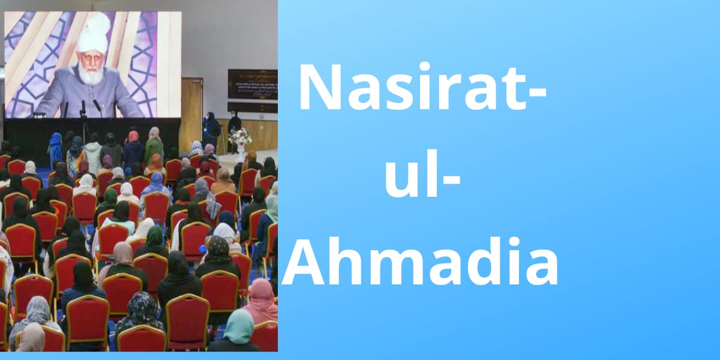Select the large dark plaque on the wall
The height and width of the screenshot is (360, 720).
(x=252, y=84)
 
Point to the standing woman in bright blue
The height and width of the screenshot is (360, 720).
(x=55, y=147)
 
